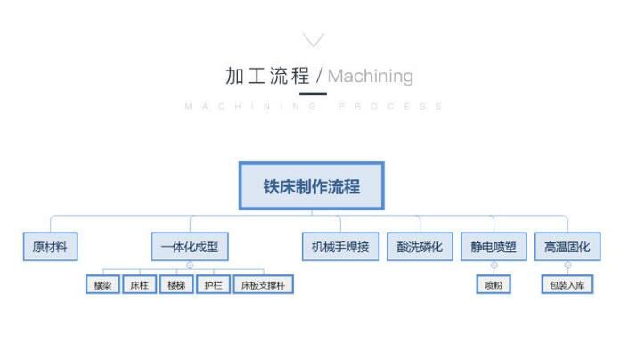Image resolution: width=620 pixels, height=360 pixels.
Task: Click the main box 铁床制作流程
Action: tap(311, 186)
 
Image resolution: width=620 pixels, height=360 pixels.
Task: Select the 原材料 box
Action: tap(50, 246)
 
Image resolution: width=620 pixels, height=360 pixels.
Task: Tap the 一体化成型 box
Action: tap(189, 246)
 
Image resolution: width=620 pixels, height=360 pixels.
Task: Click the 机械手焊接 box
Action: tap(339, 246)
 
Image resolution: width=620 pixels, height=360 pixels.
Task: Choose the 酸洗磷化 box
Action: tap(419, 246)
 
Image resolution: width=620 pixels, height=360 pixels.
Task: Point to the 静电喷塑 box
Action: tap(494, 246)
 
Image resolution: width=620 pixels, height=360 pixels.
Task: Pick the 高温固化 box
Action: tap(567, 246)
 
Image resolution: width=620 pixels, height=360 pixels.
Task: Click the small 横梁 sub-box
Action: tap(102, 285)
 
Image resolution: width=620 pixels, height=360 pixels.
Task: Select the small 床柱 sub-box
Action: tap(139, 285)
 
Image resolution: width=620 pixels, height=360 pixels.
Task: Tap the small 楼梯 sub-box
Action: tap(175, 285)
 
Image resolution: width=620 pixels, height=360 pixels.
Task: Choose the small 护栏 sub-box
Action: tap(213, 285)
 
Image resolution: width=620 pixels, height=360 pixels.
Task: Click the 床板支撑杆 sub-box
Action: tap(263, 285)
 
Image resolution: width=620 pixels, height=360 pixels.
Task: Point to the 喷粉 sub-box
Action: tap(494, 285)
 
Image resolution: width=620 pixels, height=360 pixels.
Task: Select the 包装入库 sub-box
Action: tap(567, 285)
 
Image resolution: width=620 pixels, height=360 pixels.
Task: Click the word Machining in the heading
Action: tap(370, 76)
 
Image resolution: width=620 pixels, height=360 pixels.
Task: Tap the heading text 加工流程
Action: tap(266, 76)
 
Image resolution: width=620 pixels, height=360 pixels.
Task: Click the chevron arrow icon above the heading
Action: tap(313, 39)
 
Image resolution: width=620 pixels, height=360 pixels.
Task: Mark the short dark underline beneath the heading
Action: tap(313, 93)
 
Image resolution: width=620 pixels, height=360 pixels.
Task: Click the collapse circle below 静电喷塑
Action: tap(494, 266)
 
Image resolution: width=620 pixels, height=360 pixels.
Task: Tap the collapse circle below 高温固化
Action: tap(567, 266)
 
